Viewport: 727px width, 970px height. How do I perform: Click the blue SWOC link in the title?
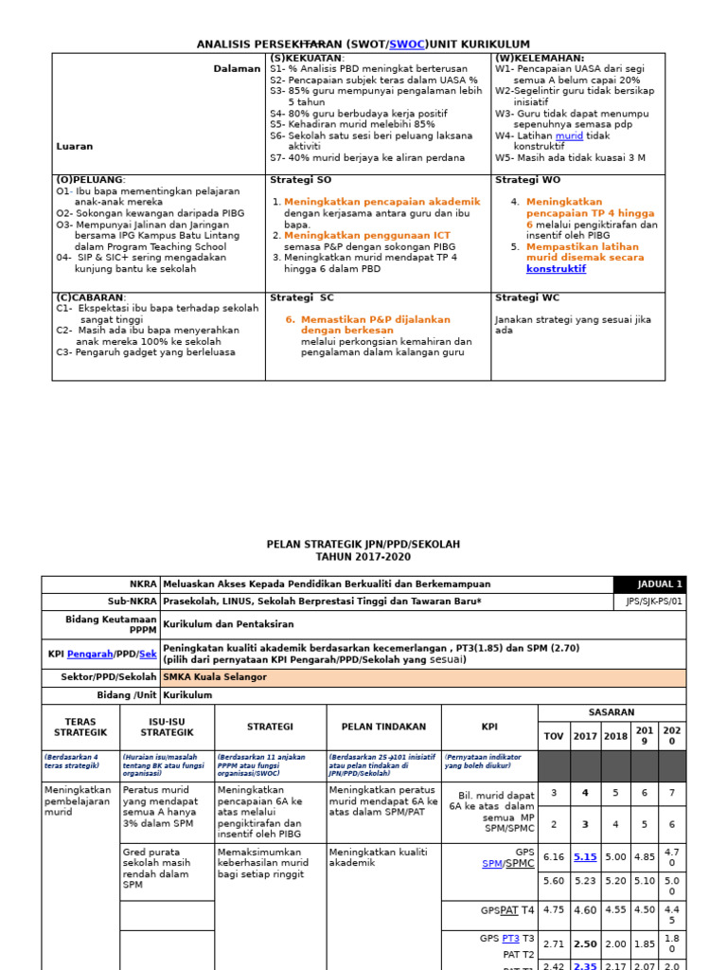pos(406,45)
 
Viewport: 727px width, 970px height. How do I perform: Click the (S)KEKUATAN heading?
pos(307,58)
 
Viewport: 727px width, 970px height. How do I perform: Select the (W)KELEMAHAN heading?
pos(540,58)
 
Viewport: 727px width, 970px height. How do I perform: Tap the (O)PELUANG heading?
pos(91,180)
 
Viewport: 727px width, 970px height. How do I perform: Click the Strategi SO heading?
pos(301,180)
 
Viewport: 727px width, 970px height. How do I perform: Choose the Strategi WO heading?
pos(528,180)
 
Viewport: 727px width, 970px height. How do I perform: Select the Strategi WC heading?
pos(527,297)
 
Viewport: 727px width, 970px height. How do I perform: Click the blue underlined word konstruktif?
pos(556,269)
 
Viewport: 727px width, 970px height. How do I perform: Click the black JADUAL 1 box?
pos(649,584)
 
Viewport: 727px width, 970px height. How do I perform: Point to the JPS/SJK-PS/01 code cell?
pos(653,602)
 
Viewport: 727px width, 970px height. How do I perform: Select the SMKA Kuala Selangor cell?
pos(216,677)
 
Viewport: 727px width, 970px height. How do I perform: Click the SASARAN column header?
pos(612,712)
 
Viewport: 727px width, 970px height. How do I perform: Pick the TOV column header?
pos(553,736)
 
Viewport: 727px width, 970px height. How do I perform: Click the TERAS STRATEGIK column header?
pos(80,727)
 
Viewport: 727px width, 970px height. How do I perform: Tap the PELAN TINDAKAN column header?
pos(383,727)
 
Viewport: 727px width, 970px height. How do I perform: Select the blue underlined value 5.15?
pos(585,857)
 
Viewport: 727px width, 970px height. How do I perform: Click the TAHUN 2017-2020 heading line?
pos(363,558)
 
